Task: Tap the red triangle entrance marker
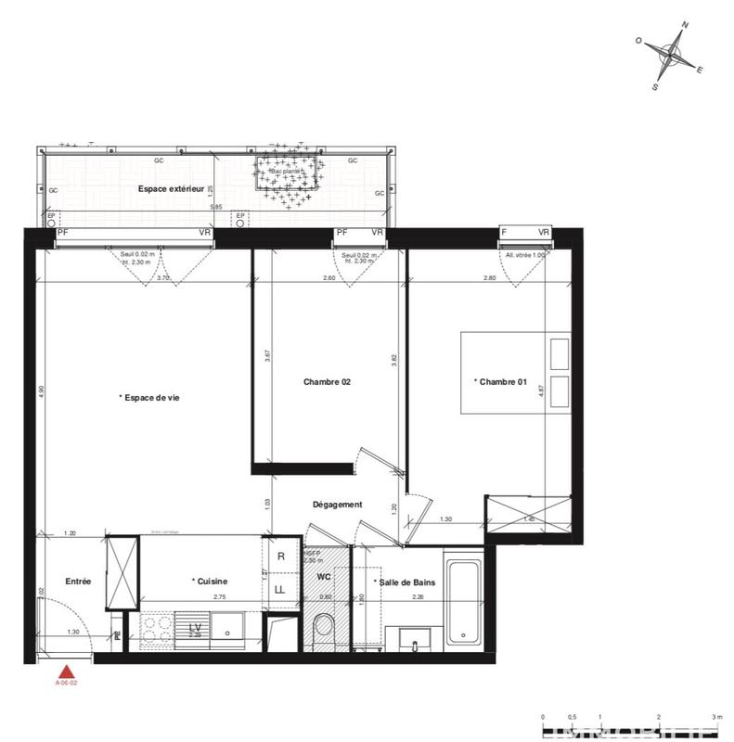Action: pyautogui.click(x=66, y=672)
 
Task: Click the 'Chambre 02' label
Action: pyautogui.click(x=327, y=381)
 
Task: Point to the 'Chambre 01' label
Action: pyautogui.click(x=500, y=381)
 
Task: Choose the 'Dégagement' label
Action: pyautogui.click(x=337, y=505)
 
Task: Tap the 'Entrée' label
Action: pyautogui.click(x=78, y=582)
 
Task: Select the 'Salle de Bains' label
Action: pyautogui.click(x=404, y=582)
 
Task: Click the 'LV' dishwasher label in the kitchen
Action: pyautogui.click(x=195, y=628)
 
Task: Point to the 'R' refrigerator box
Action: pyautogui.click(x=281, y=556)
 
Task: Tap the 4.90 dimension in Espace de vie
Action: pyautogui.click(x=41, y=392)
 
